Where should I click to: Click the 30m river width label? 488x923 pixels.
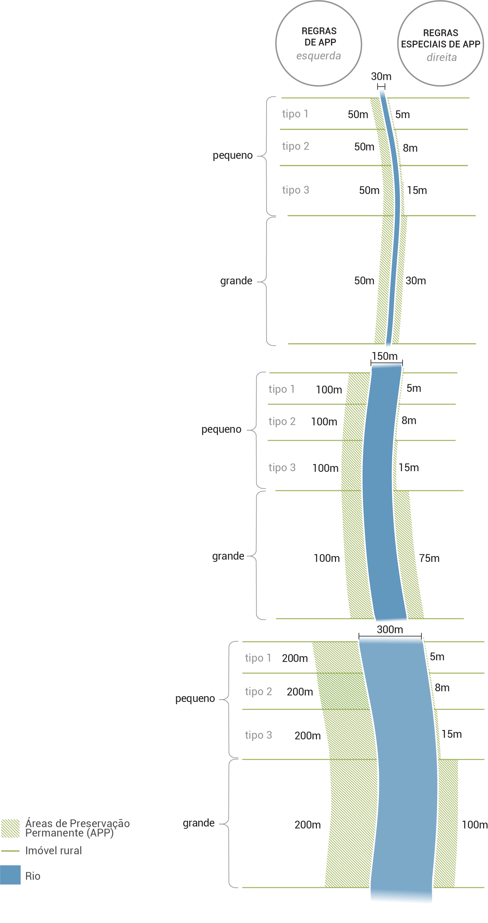(x=381, y=76)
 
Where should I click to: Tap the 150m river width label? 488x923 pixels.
(x=384, y=356)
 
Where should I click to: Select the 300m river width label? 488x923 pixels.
(x=390, y=630)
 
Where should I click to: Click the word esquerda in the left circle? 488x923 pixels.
(x=318, y=56)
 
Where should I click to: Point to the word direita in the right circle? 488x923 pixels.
(x=442, y=57)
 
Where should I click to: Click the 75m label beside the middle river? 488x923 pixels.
(x=429, y=558)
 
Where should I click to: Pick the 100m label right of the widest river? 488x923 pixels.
(x=474, y=825)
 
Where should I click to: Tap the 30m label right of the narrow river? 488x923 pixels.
(x=416, y=280)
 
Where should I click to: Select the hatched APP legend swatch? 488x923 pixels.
(x=10, y=828)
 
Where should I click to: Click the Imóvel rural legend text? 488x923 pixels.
(x=53, y=851)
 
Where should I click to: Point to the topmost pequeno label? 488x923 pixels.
(x=232, y=156)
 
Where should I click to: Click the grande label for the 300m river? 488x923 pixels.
(x=198, y=823)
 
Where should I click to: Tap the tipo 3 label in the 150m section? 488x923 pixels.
(x=282, y=467)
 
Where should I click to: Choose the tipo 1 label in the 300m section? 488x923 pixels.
(x=258, y=658)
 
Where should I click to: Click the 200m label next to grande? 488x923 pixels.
(x=307, y=825)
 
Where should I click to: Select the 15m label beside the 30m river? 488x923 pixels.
(x=417, y=190)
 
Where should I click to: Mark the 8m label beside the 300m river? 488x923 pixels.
(x=442, y=688)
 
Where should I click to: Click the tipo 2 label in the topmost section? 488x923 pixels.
(x=295, y=146)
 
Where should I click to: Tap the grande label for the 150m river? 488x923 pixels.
(x=228, y=556)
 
